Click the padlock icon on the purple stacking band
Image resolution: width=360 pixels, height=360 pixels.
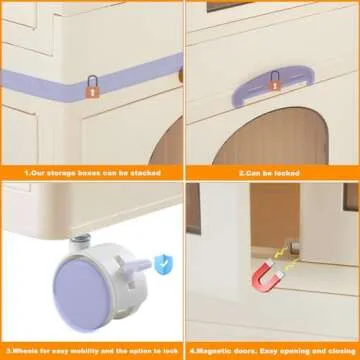click(x=92, y=87)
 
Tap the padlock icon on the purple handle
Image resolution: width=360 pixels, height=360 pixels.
click(x=275, y=81)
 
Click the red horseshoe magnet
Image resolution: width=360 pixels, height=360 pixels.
click(x=267, y=276)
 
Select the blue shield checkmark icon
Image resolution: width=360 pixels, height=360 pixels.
click(x=163, y=264)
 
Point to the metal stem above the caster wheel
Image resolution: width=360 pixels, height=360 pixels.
click(x=80, y=241)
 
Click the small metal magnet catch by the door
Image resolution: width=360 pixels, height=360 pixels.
click(x=293, y=247)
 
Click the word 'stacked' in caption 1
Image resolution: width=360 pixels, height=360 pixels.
click(x=145, y=173)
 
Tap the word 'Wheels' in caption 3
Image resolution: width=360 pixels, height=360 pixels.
click(x=24, y=351)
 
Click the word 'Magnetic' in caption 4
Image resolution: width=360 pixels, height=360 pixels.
click(x=214, y=351)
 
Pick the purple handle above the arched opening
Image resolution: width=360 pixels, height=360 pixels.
click(x=273, y=86)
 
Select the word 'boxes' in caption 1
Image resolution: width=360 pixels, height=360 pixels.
click(x=89, y=173)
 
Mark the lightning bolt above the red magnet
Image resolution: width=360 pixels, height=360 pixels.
click(x=278, y=254)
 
